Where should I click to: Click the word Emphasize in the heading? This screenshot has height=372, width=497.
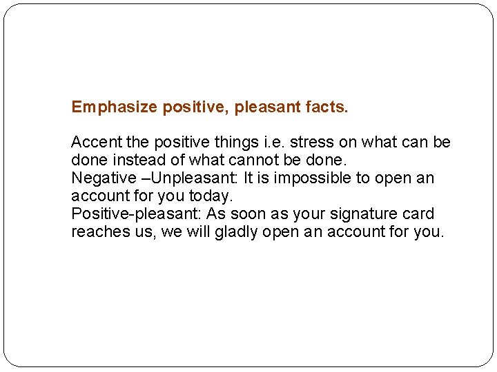click(x=115, y=107)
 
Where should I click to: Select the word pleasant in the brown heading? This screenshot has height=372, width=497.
click(x=268, y=107)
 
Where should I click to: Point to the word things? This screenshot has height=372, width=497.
click(x=232, y=143)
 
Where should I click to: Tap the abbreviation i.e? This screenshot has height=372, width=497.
click(x=273, y=143)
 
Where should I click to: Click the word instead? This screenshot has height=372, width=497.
click(x=136, y=160)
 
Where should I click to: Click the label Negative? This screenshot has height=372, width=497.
click(x=104, y=178)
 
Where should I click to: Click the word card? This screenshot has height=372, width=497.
click(x=420, y=214)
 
